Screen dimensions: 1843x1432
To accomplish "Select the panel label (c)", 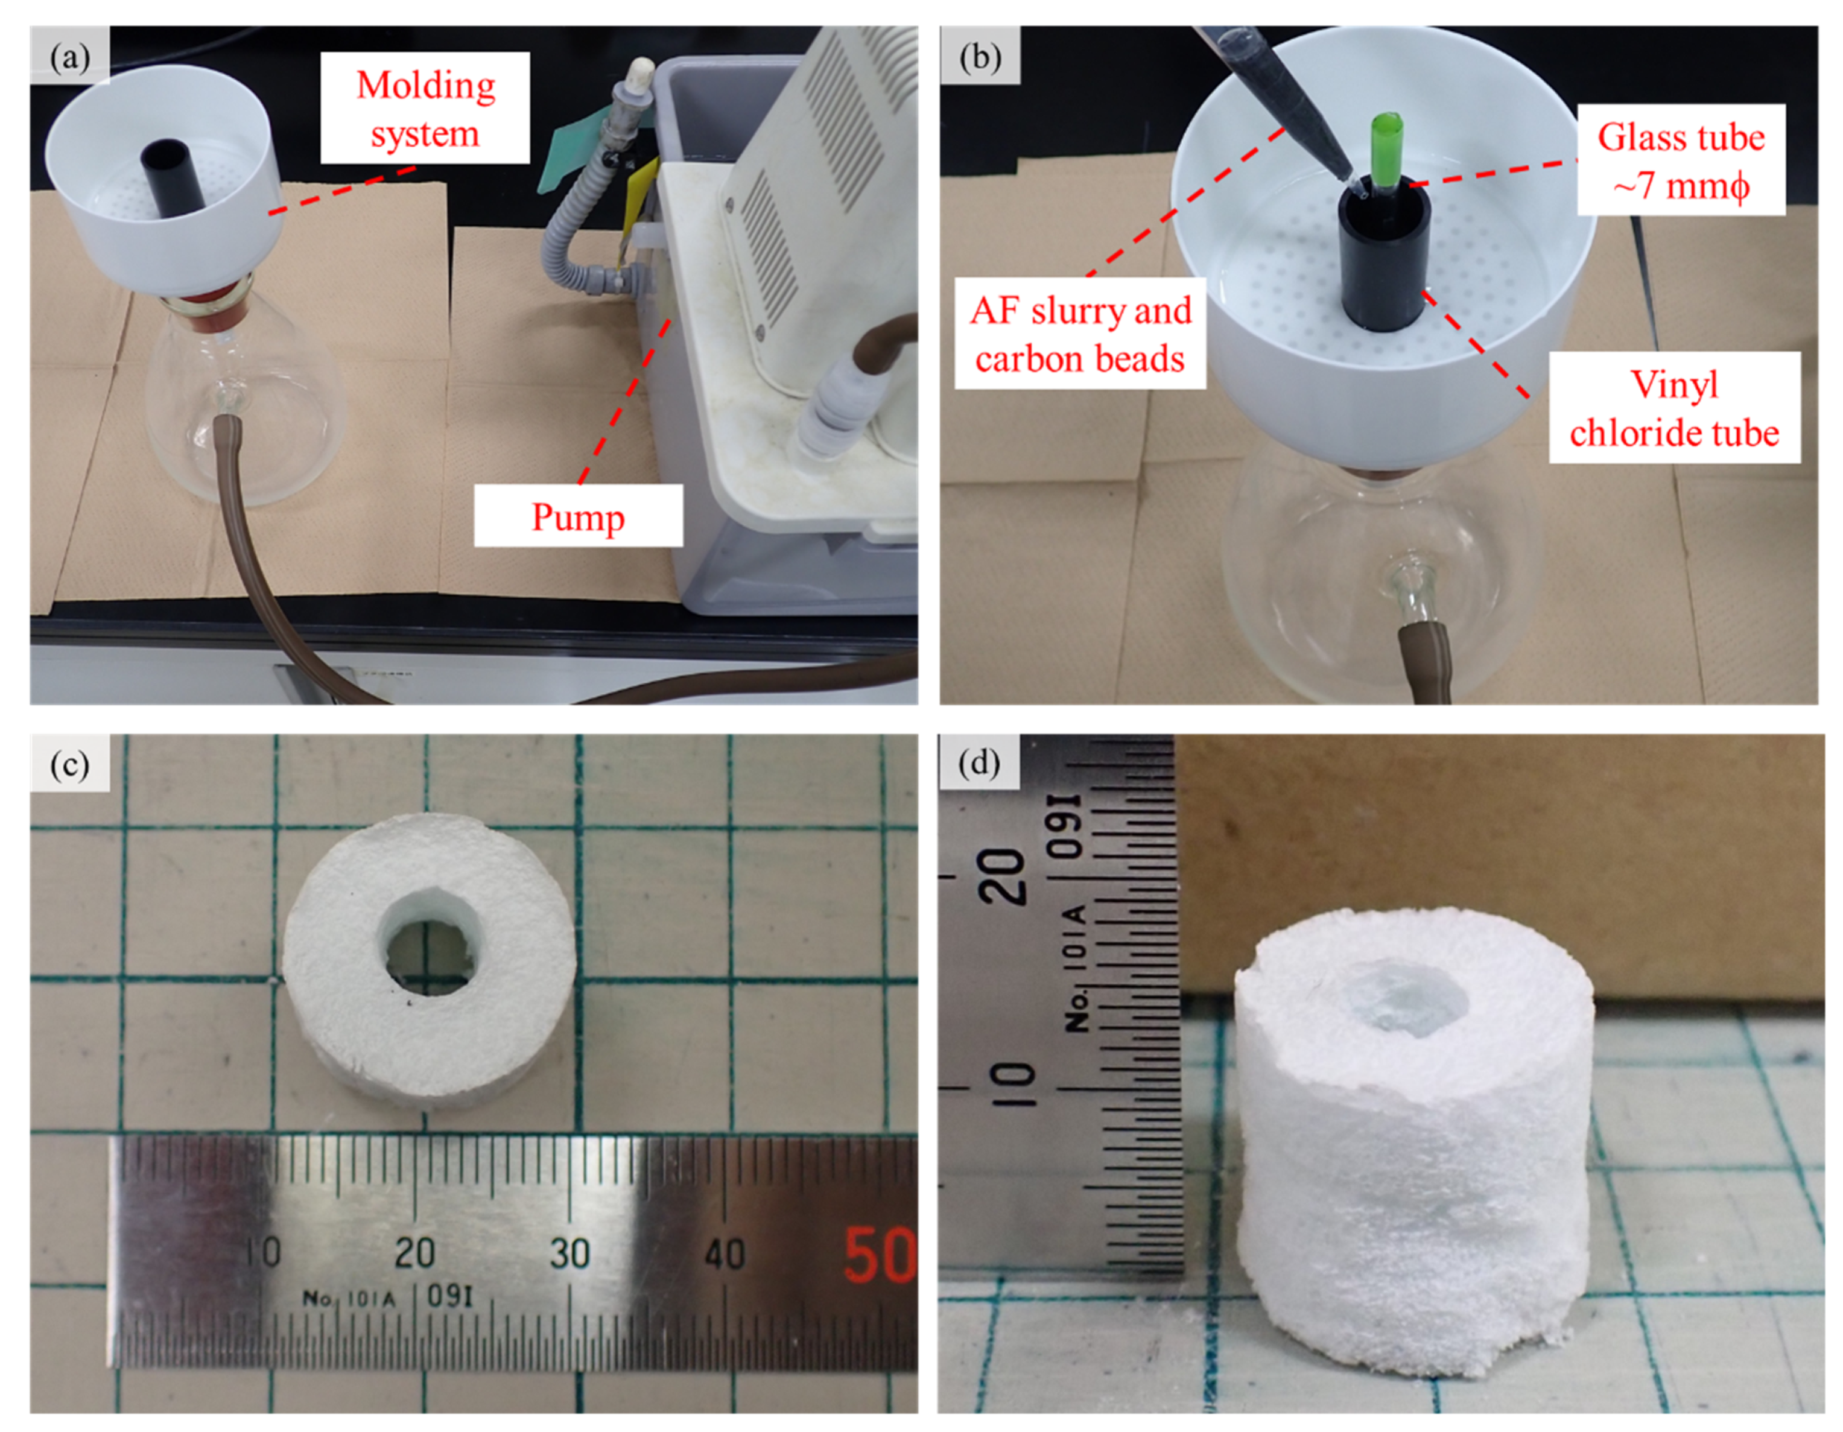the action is click(70, 764).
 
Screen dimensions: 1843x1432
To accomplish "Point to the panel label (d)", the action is click(980, 764).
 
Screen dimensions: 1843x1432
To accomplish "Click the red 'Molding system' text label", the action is click(425, 109).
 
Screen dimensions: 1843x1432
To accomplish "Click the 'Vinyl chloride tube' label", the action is click(1674, 408).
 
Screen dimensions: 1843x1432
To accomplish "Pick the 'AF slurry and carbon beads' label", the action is click(1080, 335).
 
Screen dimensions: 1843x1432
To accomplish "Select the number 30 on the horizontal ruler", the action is click(569, 1253).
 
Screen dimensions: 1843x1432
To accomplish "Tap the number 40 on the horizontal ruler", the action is click(724, 1253).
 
